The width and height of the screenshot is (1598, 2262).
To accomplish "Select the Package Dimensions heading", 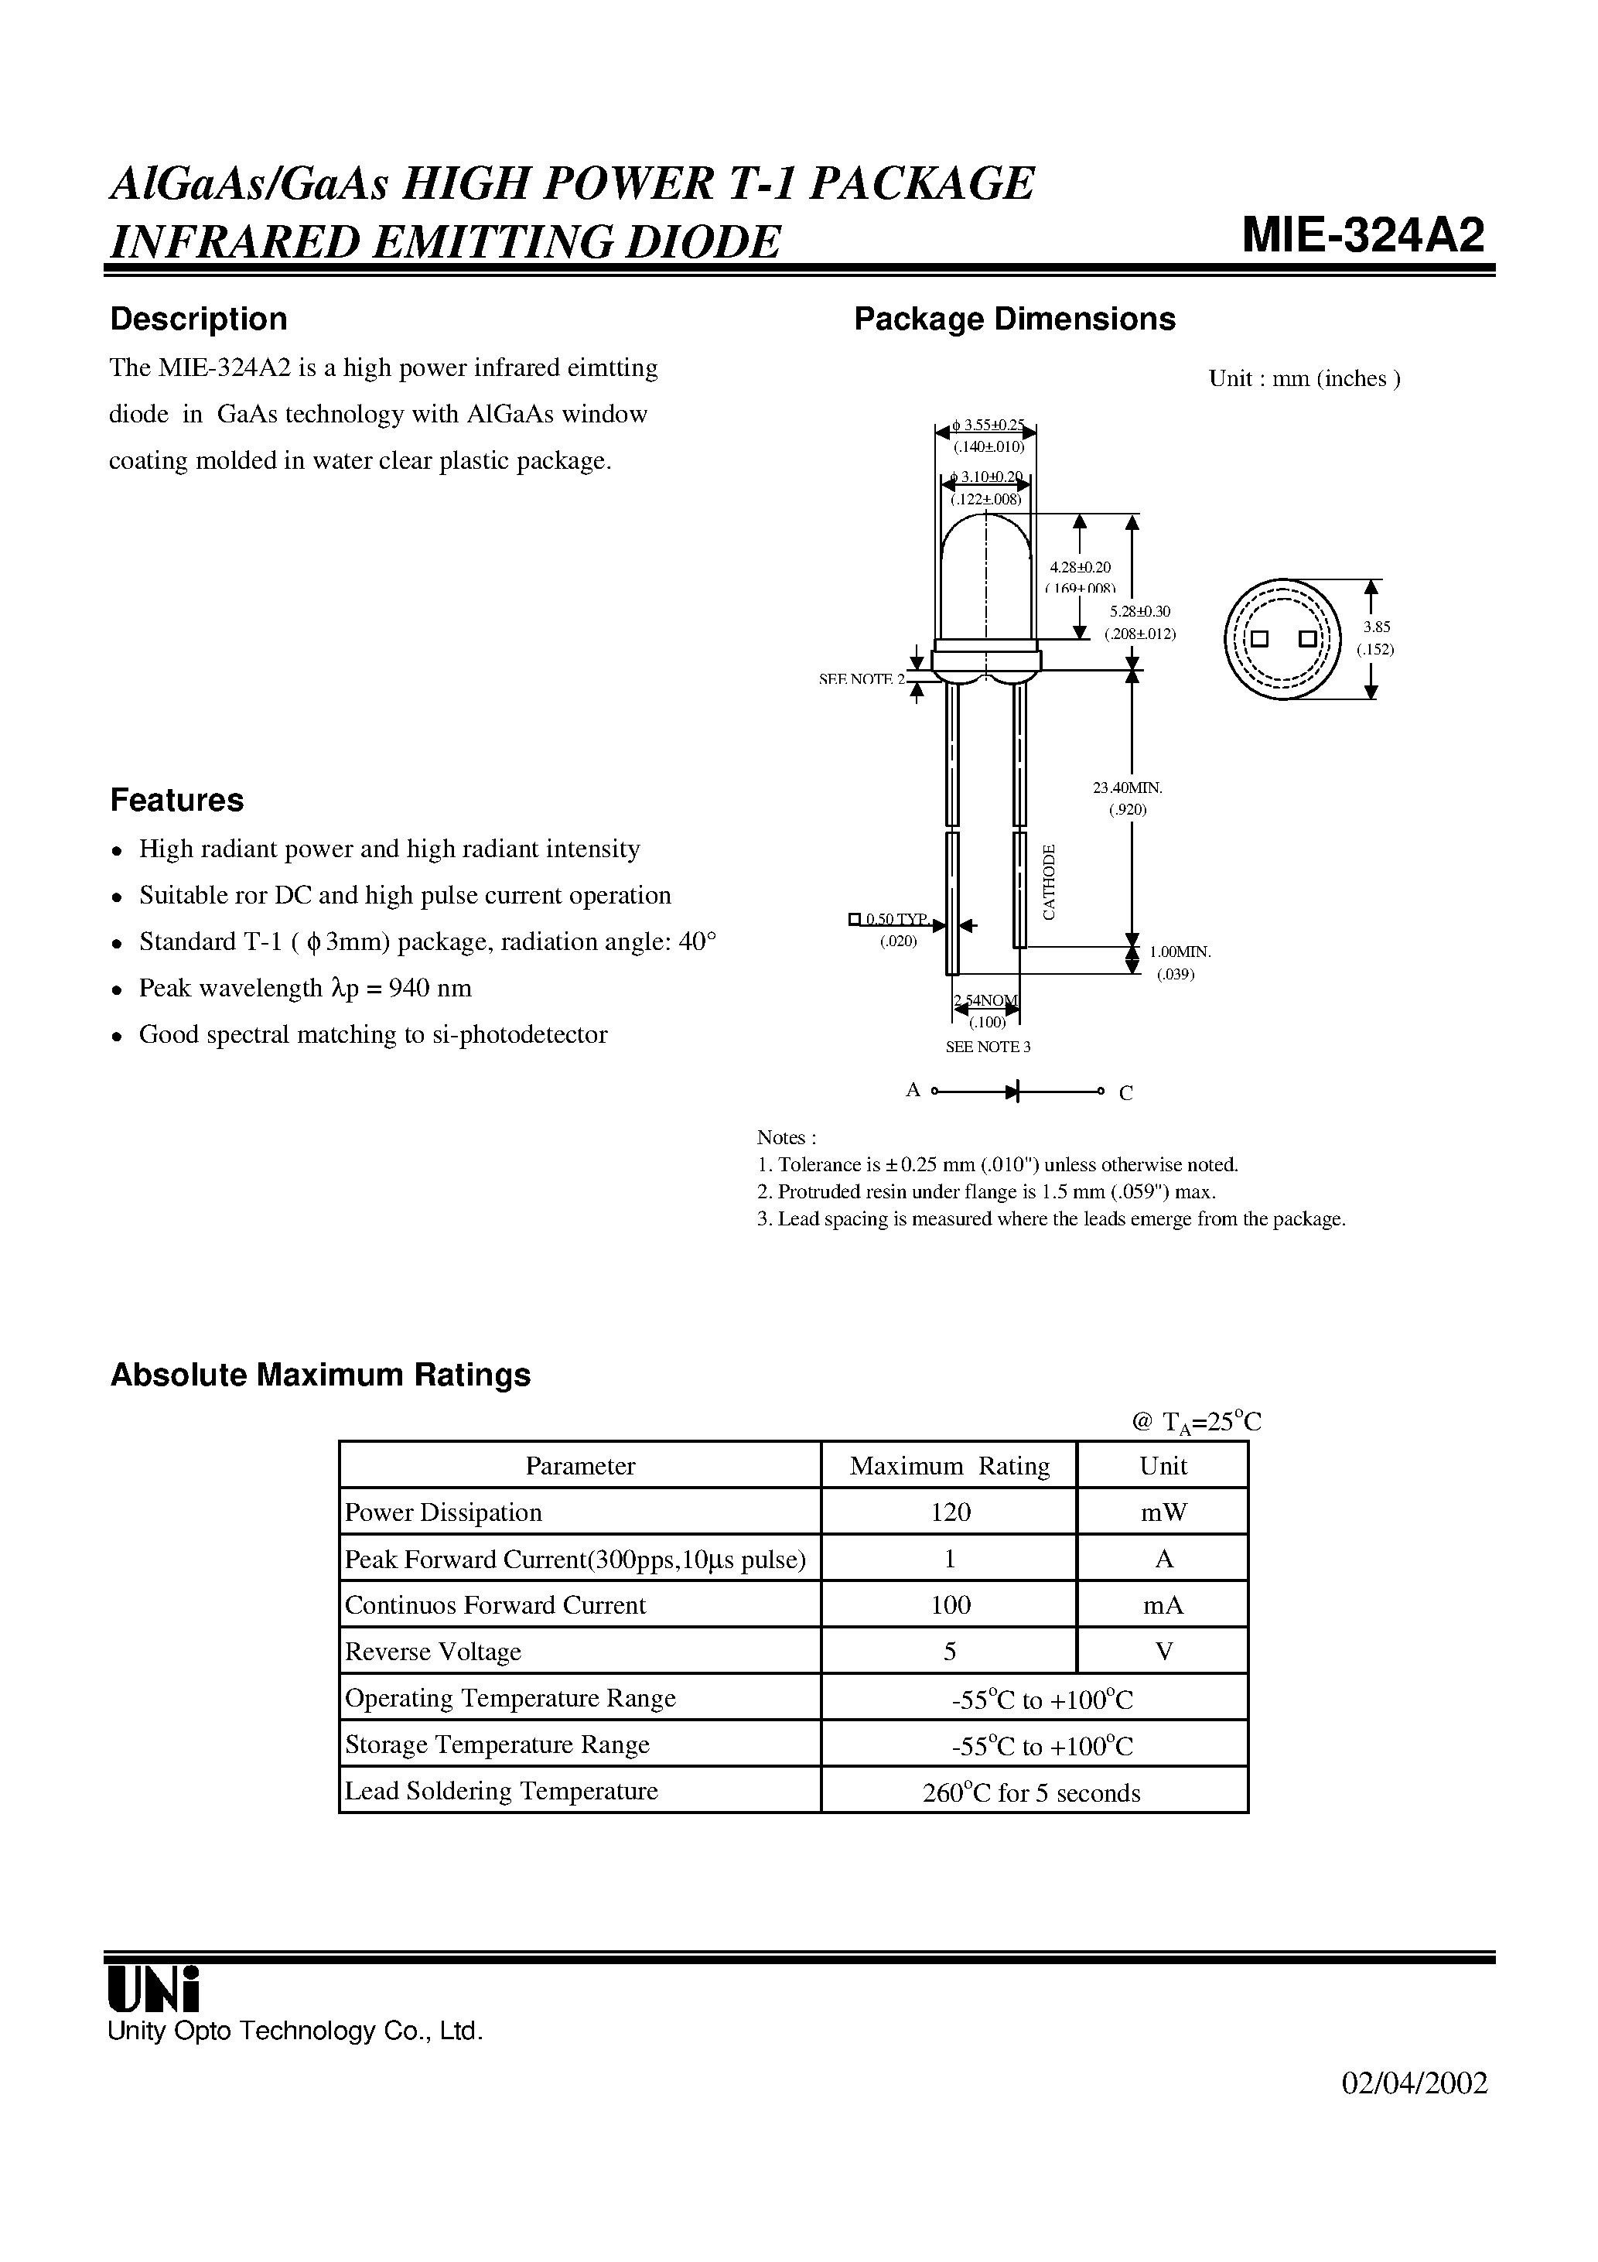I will click(x=1014, y=319).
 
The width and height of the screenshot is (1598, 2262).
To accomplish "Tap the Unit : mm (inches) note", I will click(x=1303, y=378).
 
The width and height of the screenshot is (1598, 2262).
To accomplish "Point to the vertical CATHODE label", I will click(x=1050, y=882).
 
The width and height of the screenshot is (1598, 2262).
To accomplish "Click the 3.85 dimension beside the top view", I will click(x=1376, y=627).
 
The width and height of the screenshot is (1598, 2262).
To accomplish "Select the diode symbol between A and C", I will click(x=1012, y=1091).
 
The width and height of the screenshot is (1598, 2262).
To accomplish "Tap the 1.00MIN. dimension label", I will click(x=1180, y=952).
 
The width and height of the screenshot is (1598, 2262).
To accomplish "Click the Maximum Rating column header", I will click(x=949, y=1466).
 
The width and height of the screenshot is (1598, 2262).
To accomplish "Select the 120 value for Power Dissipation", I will click(x=950, y=1512).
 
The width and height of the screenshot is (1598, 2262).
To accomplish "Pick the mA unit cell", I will click(x=1163, y=1606).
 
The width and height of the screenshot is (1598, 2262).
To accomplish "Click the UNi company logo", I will click(x=154, y=1990).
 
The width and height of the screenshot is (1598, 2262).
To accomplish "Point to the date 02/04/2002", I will click(x=1414, y=2083).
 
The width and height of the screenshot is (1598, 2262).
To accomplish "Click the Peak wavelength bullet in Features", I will click(x=305, y=988).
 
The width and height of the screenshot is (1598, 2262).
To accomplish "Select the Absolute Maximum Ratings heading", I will click(x=320, y=1375).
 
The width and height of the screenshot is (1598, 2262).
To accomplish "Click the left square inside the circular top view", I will click(x=1258, y=638).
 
